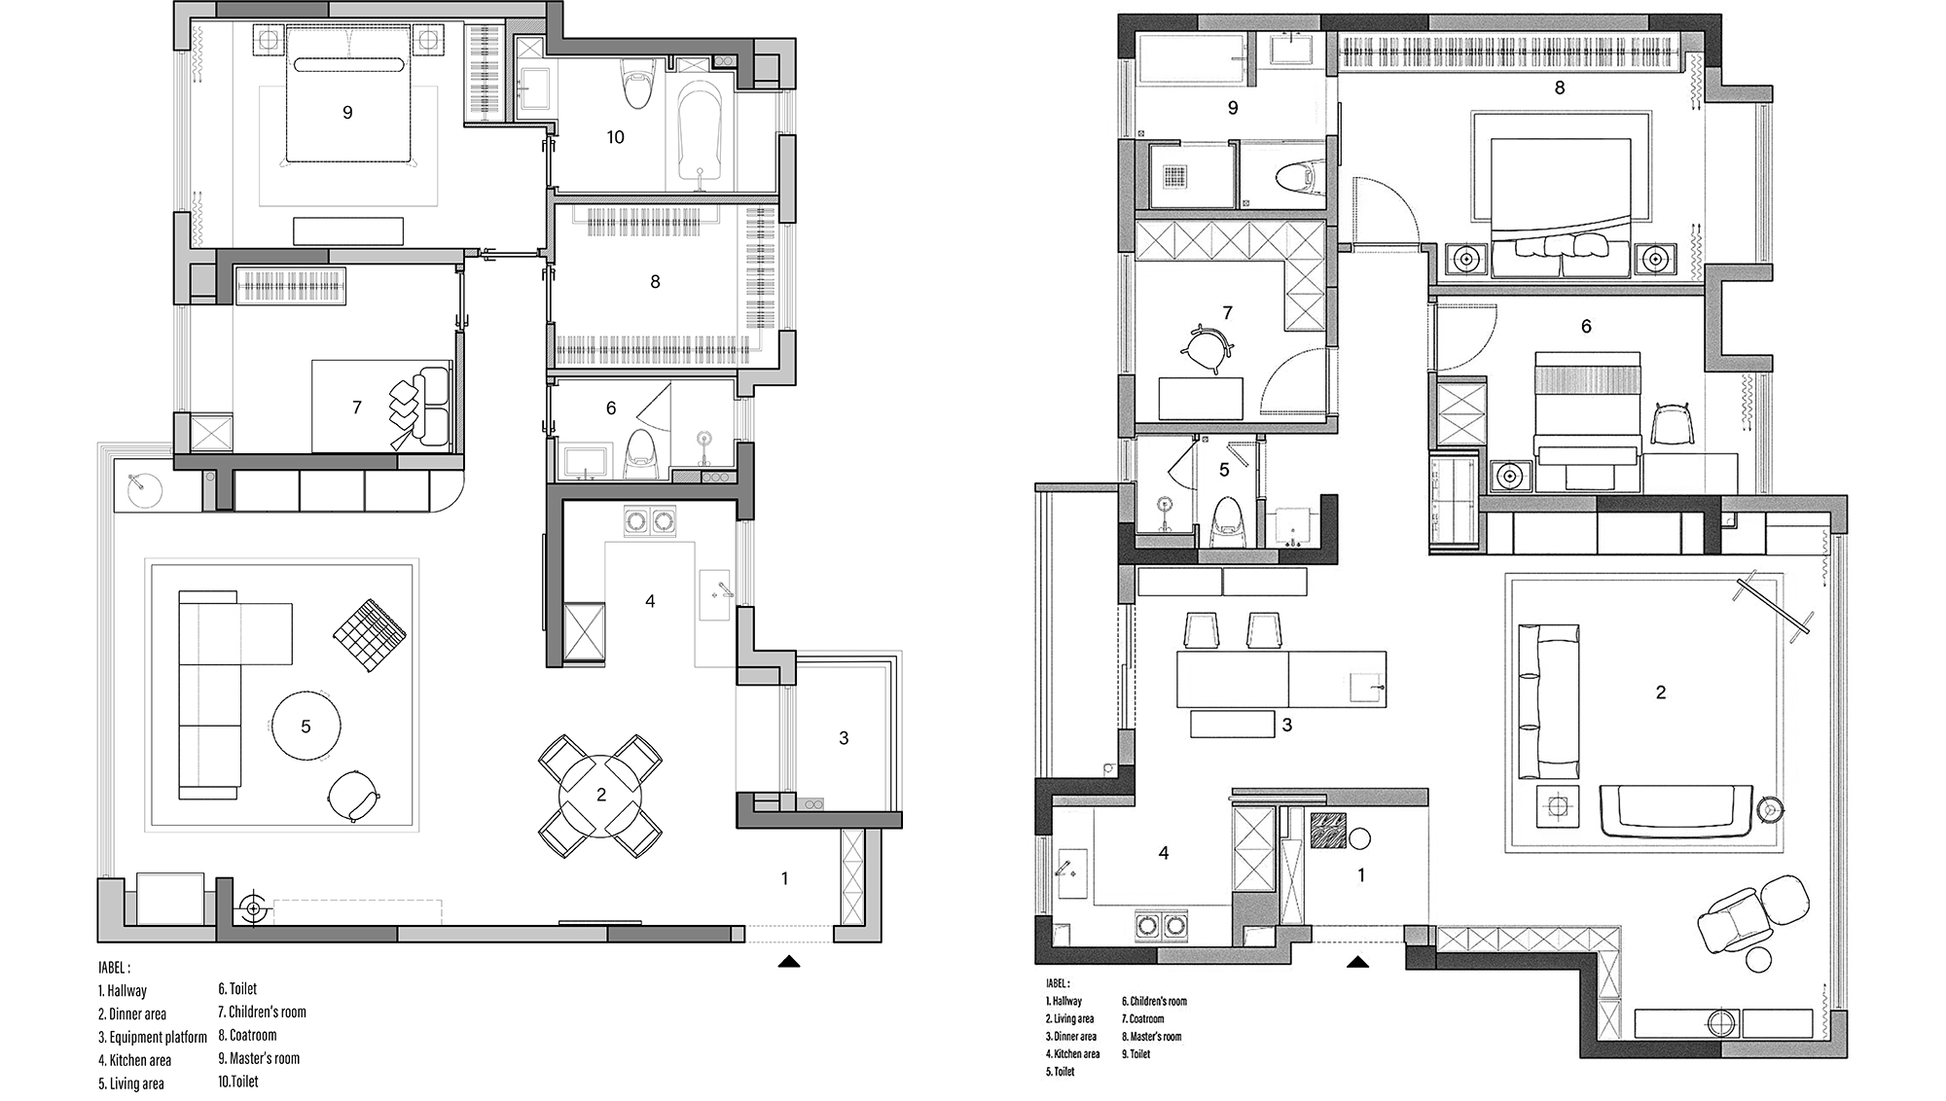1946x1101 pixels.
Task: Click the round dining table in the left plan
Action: coord(600,796)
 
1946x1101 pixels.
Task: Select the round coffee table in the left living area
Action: coord(306,726)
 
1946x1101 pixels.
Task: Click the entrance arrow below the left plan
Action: coord(789,962)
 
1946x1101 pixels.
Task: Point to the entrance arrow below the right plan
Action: coord(1357,962)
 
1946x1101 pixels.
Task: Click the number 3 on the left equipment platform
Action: coord(844,738)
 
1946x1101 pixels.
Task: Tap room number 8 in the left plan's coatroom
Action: coord(655,282)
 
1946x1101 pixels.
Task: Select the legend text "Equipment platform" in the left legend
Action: coord(158,1037)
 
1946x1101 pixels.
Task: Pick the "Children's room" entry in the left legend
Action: coord(267,1012)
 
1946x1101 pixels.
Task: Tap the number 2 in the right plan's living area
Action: coord(1661,693)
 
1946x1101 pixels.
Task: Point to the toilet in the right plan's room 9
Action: coord(1296,175)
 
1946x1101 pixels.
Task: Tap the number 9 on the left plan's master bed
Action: coord(347,113)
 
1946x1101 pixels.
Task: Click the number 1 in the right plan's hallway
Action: coord(1361,875)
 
